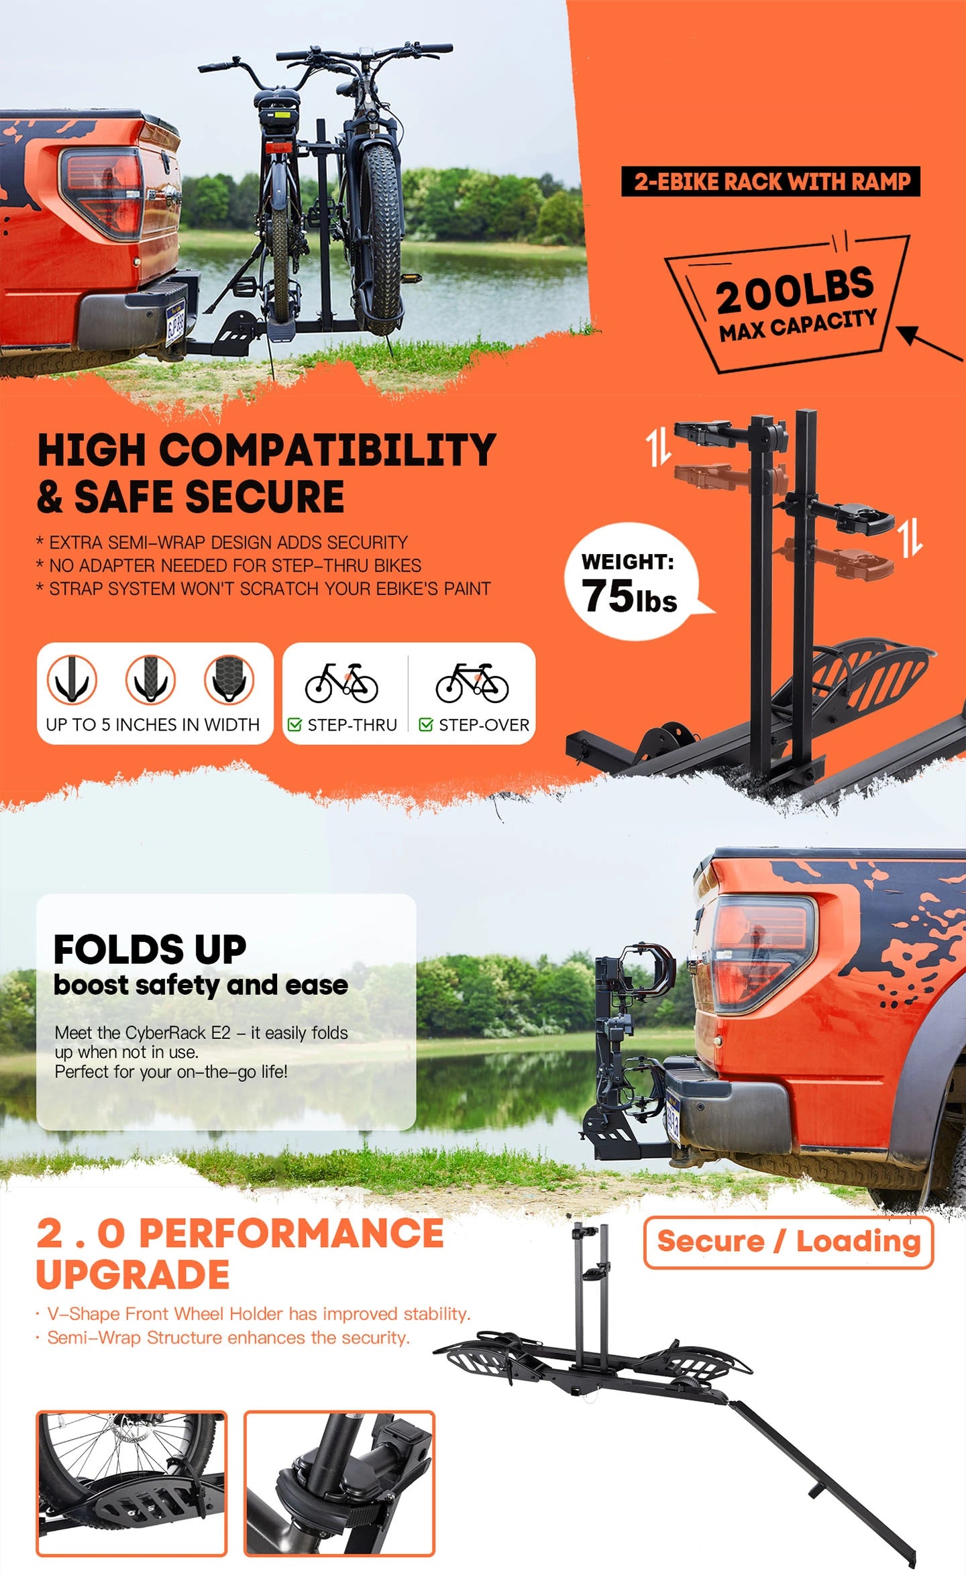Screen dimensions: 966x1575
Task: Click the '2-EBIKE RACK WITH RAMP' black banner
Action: coord(771,182)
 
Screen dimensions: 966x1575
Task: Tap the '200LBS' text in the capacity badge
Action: coord(795,290)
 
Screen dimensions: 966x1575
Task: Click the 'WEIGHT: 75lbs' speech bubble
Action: coord(634,581)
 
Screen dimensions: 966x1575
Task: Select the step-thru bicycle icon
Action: coord(341,683)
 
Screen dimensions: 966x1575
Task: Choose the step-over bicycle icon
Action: coord(472,683)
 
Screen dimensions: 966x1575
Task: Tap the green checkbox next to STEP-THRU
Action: coord(294,724)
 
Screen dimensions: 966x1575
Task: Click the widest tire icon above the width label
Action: coord(229,679)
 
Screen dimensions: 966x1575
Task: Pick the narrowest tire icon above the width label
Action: coord(72,679)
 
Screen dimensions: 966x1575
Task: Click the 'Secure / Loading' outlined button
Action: coord(788,1242)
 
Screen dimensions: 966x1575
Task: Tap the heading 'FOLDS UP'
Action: coord(150,949)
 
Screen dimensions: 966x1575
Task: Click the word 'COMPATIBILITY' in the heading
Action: coord(327,449)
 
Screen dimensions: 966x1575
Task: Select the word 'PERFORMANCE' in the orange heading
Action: coord(291,1233)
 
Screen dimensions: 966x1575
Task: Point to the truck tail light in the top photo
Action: coord(102,193)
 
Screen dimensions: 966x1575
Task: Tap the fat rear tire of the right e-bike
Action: coord(380,238)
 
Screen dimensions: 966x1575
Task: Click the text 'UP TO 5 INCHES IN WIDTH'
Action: coord(153,724)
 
